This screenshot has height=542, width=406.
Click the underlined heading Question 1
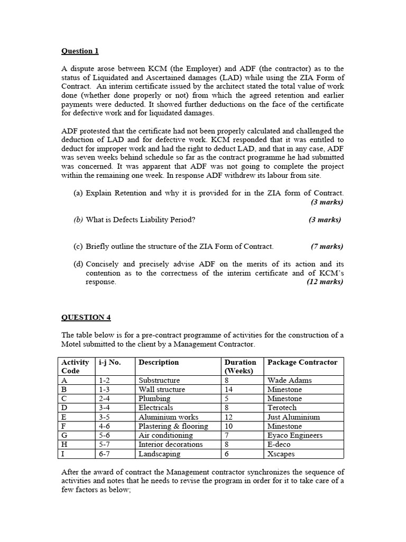[80, 51]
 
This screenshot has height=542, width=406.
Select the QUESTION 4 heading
[86, 317]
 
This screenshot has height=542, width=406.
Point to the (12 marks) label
[325, 282]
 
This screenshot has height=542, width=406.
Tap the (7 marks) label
[327, 246]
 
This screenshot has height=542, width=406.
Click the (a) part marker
[78, 193]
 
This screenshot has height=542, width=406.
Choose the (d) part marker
[78, 264]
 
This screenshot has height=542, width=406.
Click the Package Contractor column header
[302, 363]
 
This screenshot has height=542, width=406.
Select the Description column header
[159, 363]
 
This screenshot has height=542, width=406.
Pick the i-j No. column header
[109, 363]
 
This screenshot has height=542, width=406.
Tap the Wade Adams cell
[289, 380]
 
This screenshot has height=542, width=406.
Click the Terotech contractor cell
[282, 408]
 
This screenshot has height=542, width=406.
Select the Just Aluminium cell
[293, 417]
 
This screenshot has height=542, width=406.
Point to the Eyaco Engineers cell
[294, 435]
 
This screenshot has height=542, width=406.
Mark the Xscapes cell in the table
[281, 454]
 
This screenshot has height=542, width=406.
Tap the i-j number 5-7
[104, 445]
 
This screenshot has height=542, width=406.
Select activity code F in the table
[64, 426]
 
